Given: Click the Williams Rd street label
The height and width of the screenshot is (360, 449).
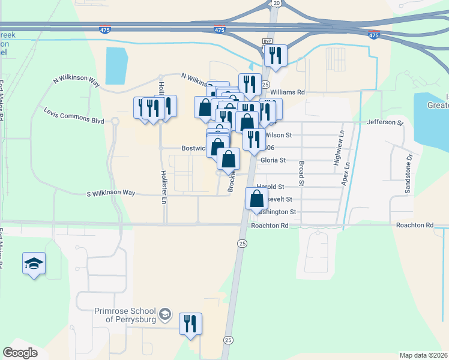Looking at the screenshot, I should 288,92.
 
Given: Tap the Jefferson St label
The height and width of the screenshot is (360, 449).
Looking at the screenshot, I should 385,122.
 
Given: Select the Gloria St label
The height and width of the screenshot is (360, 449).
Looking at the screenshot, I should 273,160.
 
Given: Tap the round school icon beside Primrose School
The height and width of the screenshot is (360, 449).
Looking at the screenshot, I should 165,314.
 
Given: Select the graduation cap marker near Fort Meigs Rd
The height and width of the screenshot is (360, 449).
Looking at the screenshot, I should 34,263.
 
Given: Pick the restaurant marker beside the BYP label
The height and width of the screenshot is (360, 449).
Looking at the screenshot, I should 275,55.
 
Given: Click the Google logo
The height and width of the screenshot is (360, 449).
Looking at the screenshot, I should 20,353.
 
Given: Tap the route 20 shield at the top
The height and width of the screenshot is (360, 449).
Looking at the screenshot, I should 276,3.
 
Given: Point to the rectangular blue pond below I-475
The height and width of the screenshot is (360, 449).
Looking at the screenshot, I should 116,65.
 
